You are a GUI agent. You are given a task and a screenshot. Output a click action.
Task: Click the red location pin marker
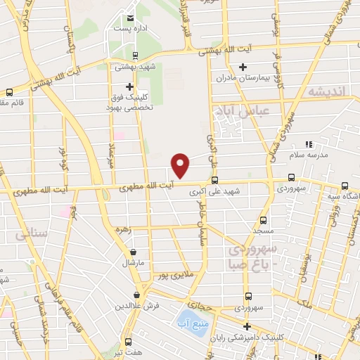181,165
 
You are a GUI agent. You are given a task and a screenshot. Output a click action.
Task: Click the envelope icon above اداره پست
129,18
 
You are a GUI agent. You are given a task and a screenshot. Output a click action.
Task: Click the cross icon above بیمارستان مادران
243,67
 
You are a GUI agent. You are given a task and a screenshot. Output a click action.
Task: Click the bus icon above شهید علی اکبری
214,179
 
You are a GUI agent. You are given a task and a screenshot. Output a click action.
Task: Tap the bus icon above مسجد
263,220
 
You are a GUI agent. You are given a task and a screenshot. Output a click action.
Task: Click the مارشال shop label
134,263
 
